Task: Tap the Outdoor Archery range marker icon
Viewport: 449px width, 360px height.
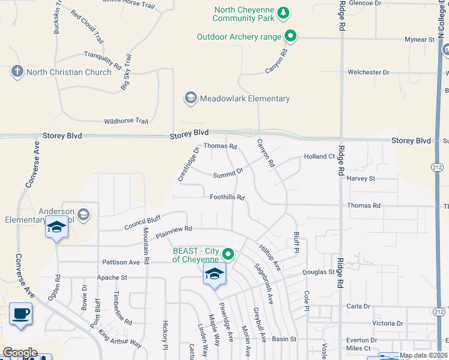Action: coord(291,37)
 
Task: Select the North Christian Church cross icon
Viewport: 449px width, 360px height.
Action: coord(17,72)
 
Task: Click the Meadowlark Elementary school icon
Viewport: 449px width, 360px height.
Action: coord(191,98)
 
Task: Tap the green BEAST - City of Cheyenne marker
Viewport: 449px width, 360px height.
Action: coord(228,254)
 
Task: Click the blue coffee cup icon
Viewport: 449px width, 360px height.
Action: coord(21,313)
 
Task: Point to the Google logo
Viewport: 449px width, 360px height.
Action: coord(20,353)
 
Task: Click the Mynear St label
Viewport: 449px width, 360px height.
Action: coord(420,40)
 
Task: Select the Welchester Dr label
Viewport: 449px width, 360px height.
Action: coord(369,72)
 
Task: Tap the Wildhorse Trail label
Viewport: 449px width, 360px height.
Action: coord(125,121)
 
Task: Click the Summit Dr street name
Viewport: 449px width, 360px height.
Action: coord(228,173)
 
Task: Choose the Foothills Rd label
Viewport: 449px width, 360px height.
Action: coord(228,197)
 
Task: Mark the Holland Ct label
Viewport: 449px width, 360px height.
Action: coord(319,157)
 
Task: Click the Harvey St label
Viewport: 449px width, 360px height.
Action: coord(360,178)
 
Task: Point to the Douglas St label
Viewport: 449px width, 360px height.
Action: coord(318,272)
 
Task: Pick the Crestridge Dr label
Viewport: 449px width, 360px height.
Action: coord(187,164)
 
